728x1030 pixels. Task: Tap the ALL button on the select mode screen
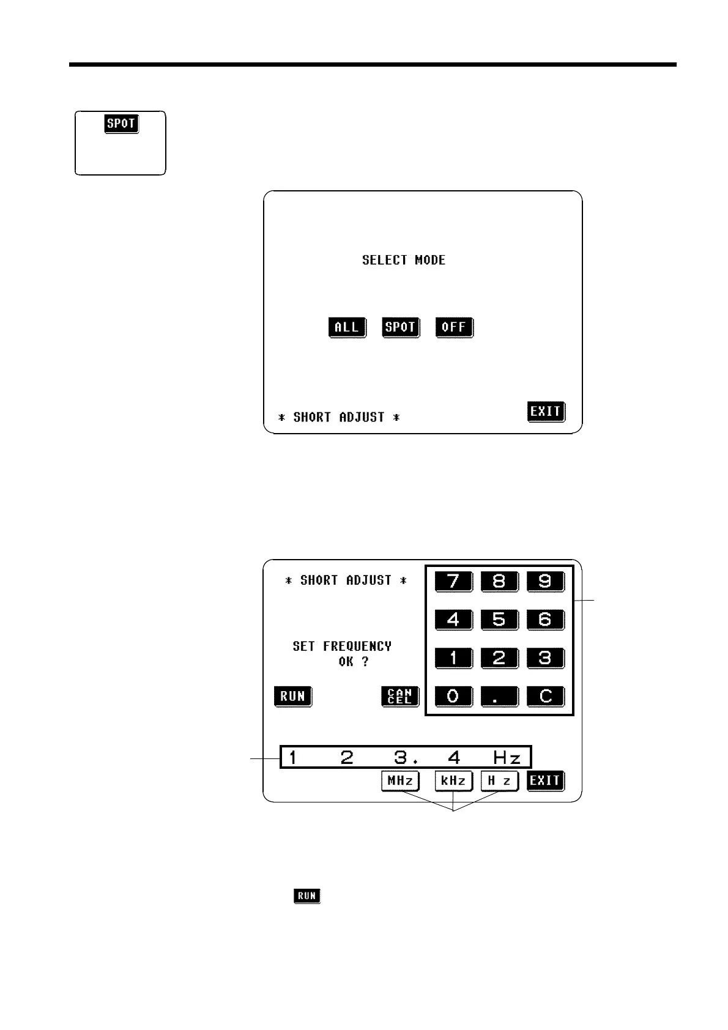point(347,327)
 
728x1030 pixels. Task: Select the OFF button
point(454,327)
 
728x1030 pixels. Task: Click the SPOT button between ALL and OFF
point(400,327)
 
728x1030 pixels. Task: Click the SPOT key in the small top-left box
point(121,124)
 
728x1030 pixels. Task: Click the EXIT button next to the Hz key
point(545,781)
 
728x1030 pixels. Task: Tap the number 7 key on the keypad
point(453,581)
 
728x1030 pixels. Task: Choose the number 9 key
point(544,581)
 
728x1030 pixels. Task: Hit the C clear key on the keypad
point(544,696)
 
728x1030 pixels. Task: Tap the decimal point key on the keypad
point(499,696)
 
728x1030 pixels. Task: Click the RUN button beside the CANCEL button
point(292,696)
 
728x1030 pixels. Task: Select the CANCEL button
point(400,696)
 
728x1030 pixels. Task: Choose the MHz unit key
point(400,781)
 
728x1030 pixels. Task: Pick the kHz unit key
point(453,781)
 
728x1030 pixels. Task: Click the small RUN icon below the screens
point(306,896)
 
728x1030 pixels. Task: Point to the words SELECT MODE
point(404,260)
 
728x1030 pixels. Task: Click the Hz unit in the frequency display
point(507,758)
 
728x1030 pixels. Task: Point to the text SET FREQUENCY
point(342,647)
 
